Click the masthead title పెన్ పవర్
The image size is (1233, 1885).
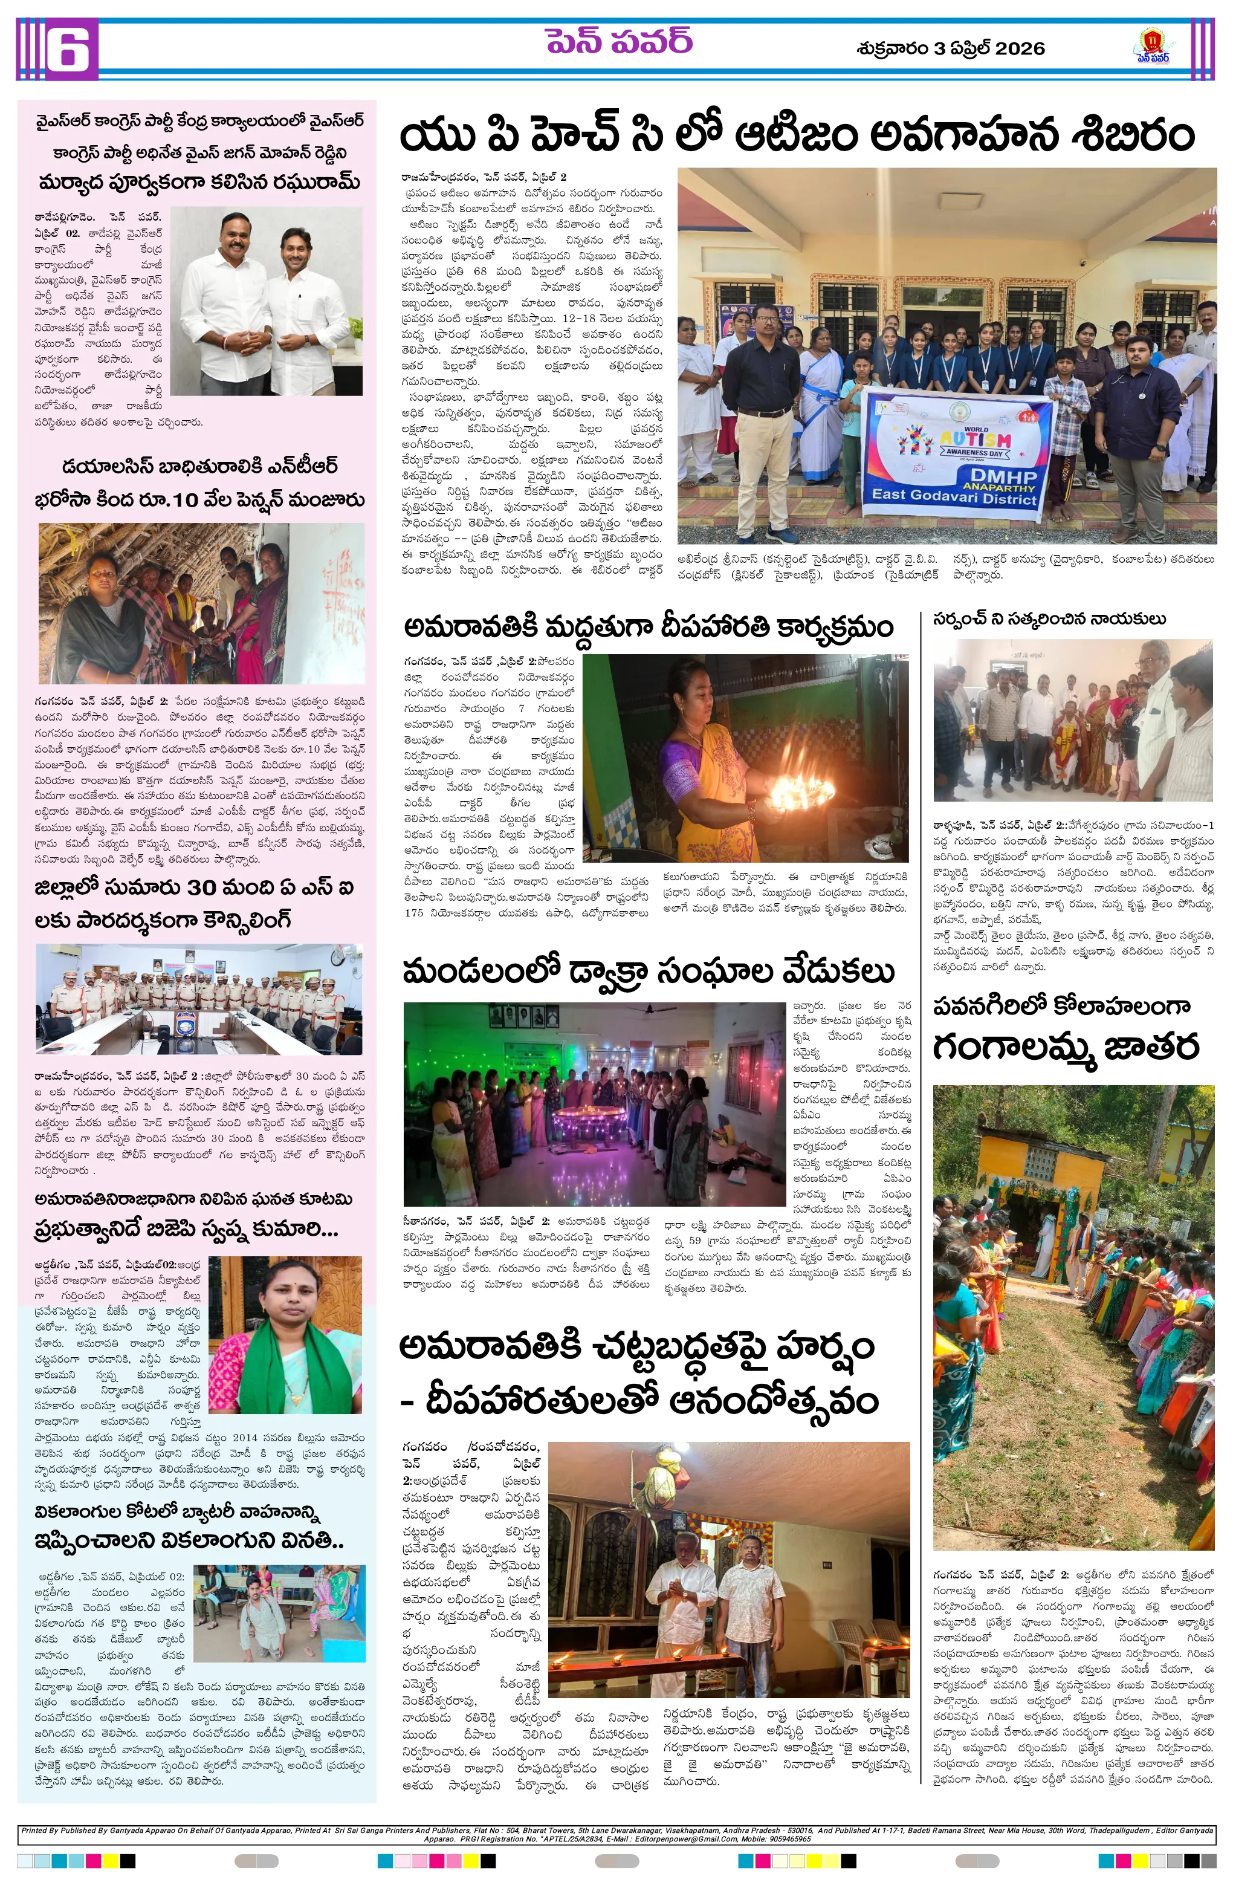pyautogui.click(x=618, y=42)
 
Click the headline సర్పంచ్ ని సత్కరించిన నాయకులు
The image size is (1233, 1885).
pyautogui.click(x=1049, y=618)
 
